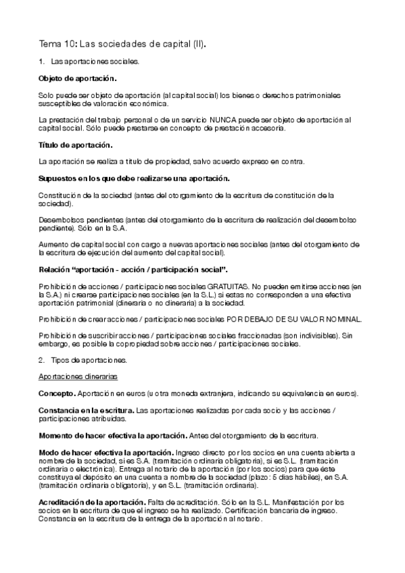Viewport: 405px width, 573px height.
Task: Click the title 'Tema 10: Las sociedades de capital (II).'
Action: (122, 45)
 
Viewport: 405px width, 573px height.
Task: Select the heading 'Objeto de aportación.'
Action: (77, 78)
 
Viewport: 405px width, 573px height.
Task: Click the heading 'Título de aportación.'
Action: (76, 145)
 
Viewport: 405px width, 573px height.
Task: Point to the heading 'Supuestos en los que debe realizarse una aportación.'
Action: (134, 178)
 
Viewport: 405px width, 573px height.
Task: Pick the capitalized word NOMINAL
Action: (343, 319)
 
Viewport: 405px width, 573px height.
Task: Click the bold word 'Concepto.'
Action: (57, 393)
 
